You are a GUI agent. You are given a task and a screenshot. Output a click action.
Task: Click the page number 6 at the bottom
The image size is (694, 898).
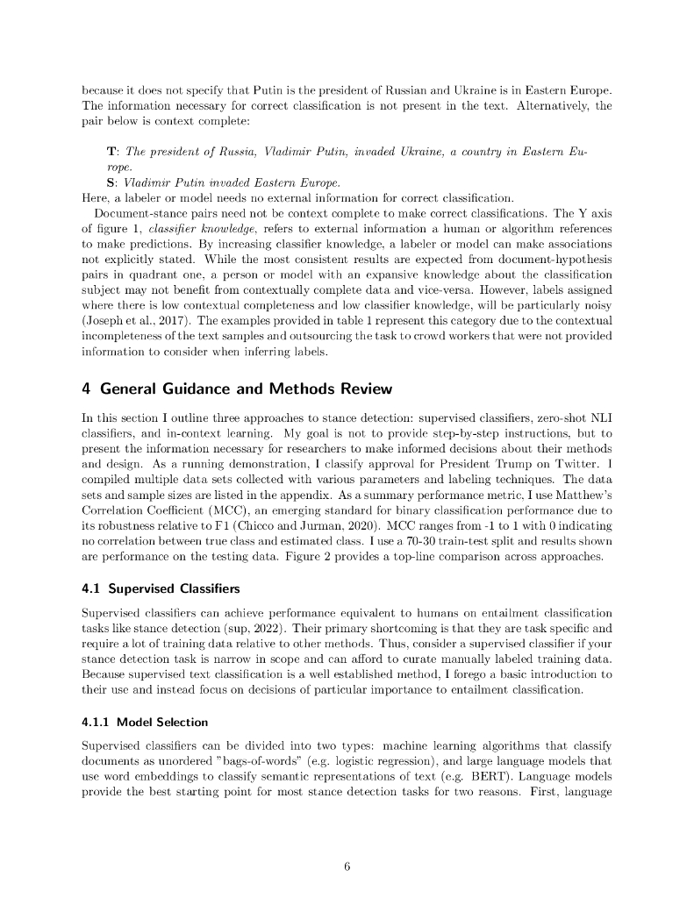[x=347, y=867]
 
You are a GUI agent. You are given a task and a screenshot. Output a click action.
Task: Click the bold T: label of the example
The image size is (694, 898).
[x=112, y=153]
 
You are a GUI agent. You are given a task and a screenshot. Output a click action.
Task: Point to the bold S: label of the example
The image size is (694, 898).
[x=111, y=182]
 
